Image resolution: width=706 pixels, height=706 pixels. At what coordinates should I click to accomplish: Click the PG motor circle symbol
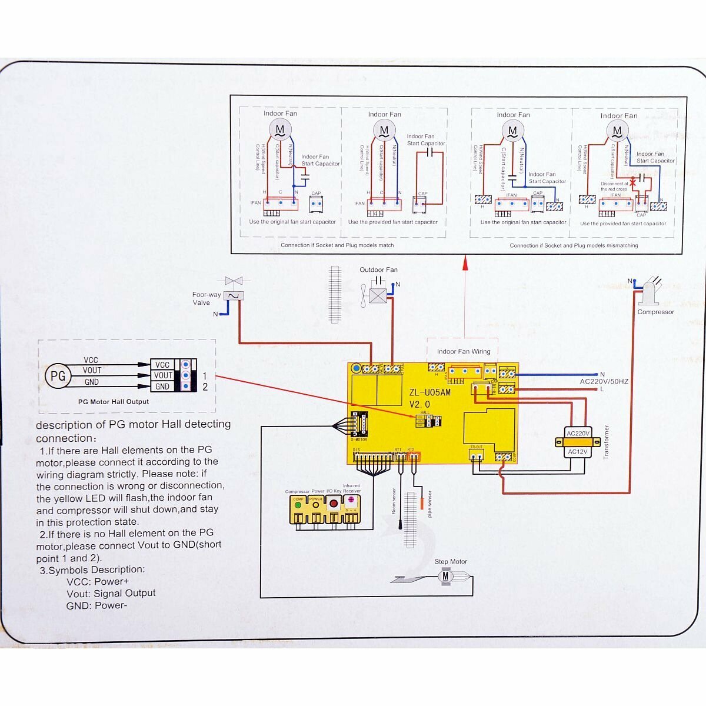click(x=58, y=375)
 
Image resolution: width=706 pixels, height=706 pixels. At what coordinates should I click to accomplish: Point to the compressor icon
click(x=650, y=292)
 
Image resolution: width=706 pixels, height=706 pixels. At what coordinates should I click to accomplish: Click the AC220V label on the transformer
click(x=577, y=433)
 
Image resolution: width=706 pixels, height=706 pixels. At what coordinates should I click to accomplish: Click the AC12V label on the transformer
click(x=577, y=452)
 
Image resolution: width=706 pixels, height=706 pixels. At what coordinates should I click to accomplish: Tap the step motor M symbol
click(x=445, y=577)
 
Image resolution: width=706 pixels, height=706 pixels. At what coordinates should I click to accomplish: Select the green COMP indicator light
click(x=298, y=504)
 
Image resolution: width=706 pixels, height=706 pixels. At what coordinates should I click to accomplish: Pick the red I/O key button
click(x=334, y=504)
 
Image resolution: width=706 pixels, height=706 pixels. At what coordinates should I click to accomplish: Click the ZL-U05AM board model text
click(x=430, y=392)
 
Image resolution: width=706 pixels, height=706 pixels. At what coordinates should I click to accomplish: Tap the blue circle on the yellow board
click(x=356, y=368)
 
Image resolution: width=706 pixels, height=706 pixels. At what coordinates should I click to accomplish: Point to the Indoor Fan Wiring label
click(x=464, y=351)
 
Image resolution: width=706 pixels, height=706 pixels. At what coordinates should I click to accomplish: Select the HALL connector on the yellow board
click(x=429, y=420)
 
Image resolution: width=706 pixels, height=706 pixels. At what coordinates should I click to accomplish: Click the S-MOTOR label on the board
click(x=359, y=439)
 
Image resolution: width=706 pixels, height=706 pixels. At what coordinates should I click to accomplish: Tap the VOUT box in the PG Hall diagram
click(x=163, y=375)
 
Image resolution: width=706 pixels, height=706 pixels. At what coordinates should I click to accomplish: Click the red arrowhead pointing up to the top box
click(x=465, y=262)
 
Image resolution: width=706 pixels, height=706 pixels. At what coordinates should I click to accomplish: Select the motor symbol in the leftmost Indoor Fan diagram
click(x=280, y=128)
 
